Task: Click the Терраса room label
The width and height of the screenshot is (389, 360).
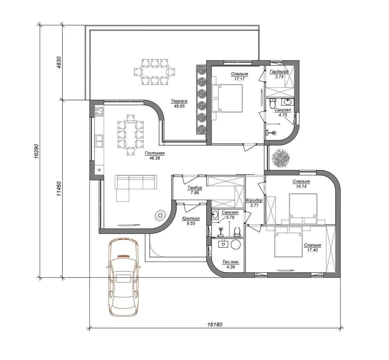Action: (x=179, y=101)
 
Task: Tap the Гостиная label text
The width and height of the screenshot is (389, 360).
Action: (x=154, y=153)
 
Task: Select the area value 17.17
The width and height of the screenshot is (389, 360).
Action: (x=240, y=79)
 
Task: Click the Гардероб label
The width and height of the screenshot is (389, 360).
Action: (x=279, y=72)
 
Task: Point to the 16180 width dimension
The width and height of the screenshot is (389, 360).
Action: (x=215, y=324)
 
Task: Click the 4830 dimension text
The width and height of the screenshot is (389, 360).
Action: (x=59, y=62)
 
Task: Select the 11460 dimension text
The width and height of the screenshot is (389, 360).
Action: (x=59, y=189)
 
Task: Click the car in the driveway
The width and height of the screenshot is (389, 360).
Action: (x=123, y=277)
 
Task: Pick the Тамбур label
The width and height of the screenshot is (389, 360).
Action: (x=195, y=188)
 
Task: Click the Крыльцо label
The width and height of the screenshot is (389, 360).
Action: (x=191, y=218)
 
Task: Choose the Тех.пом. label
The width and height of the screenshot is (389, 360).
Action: (x=231, y=262)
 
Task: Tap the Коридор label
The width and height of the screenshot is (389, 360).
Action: (x=254, y=200)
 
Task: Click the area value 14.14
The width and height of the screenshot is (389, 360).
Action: (x=301, y=186)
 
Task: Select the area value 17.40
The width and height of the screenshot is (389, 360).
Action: (x=312, y=250)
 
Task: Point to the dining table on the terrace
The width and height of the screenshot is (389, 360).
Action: (x=154, y=72)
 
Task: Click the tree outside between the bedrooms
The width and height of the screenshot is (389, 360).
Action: (x=281, y=159)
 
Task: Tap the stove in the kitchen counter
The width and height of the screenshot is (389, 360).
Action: (x=99, y=111)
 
